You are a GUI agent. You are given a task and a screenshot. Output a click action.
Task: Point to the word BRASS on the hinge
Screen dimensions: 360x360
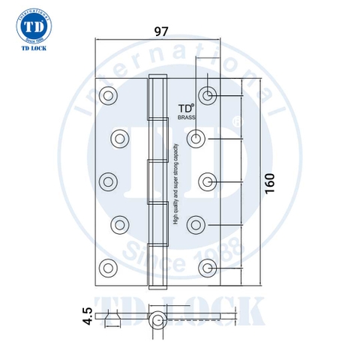(x=186, y=118)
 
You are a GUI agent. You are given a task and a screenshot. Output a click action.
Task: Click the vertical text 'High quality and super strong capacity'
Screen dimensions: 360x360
(x=175, y=184)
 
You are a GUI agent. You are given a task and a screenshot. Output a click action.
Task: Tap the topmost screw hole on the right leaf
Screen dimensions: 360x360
(x=208, y=94)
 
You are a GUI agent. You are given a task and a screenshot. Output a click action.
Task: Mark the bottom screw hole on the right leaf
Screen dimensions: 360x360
(x=208, y=266)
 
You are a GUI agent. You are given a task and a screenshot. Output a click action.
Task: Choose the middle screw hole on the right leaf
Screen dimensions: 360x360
(x=208, y=180)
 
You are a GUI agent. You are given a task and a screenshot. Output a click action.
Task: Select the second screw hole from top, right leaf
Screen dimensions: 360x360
(x=196, y=137)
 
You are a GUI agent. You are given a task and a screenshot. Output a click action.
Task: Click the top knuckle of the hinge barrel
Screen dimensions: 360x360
(x=157, y=97)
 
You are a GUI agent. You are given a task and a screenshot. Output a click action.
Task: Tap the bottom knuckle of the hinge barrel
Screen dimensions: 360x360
(x=157, y=262)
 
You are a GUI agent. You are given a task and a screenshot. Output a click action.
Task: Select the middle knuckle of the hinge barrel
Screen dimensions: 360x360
(x=157, y=180)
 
